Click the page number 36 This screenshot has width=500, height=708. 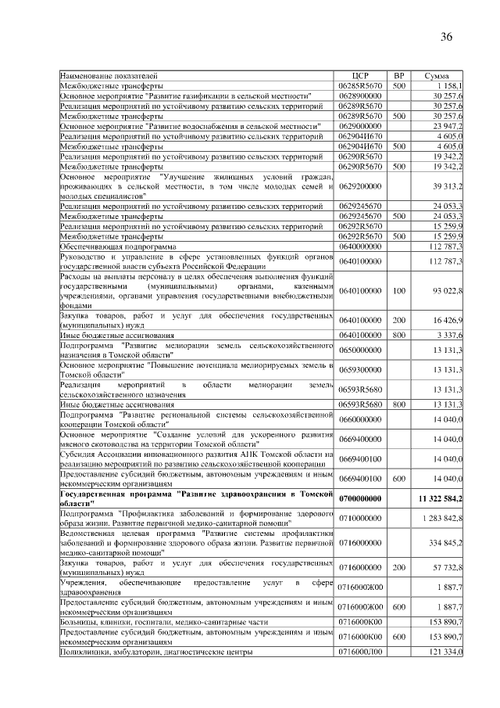(x=446, y=37)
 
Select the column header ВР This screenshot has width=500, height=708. (x=398, y=75)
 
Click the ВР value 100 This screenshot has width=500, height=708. (x=398, y=291)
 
